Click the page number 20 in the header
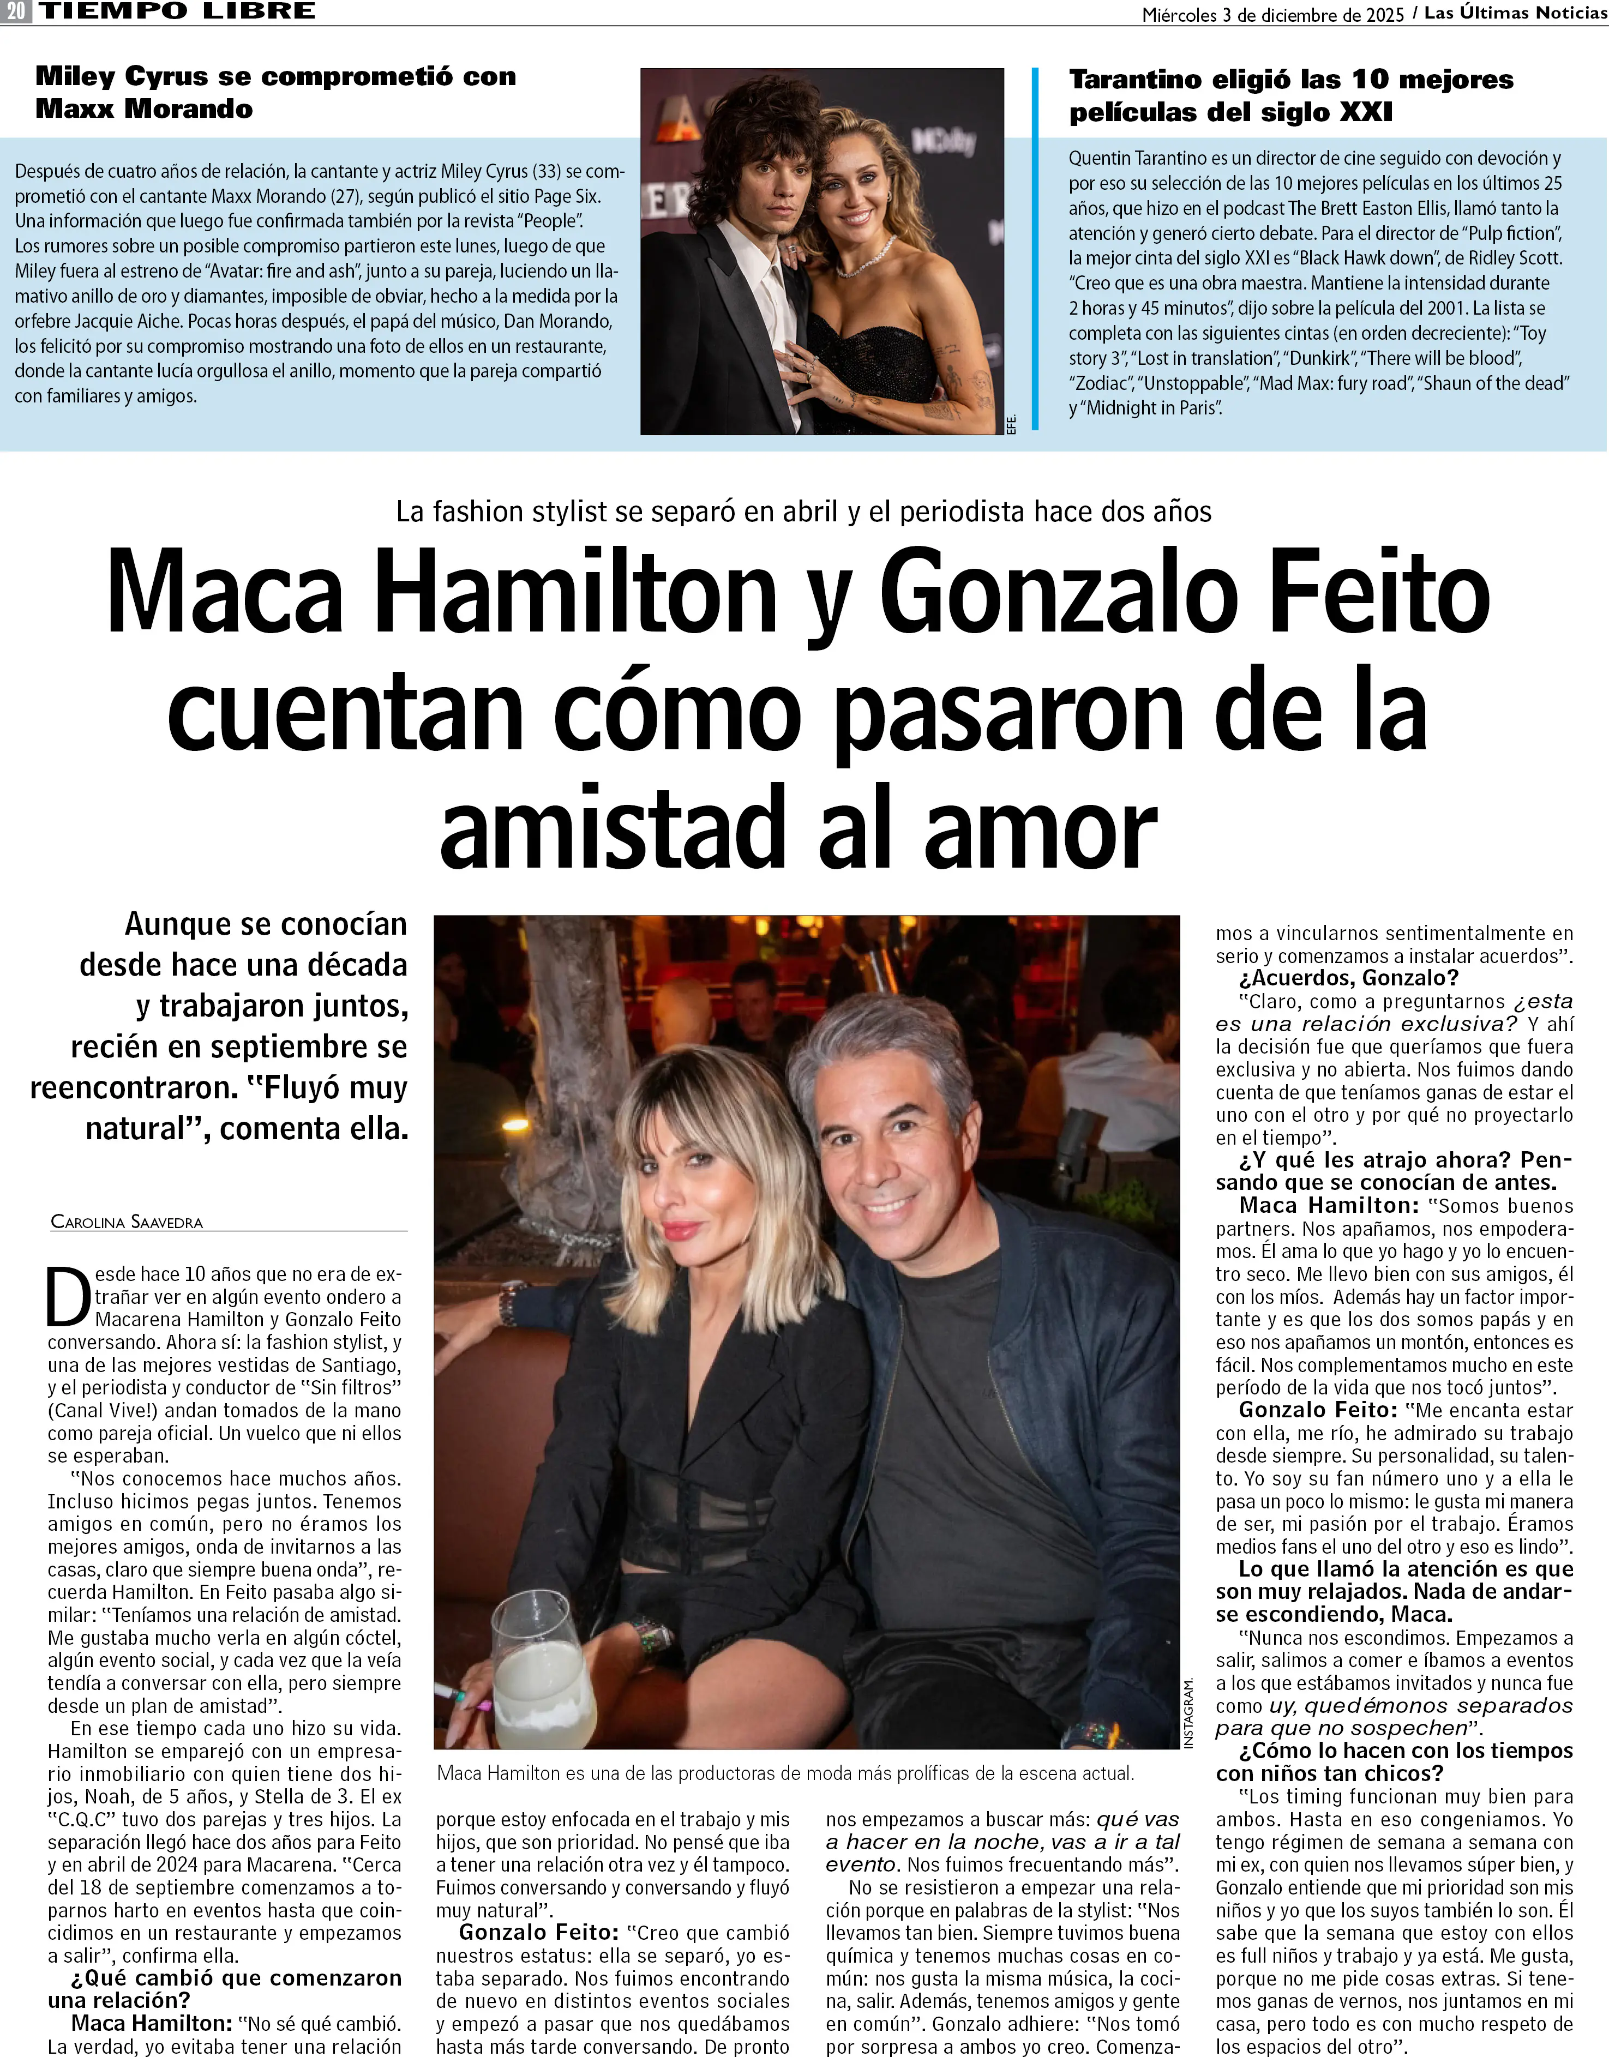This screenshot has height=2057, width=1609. [x=16, y=12]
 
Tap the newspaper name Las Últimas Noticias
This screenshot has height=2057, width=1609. [x=1515, y=13]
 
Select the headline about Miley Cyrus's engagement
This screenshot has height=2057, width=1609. [x=275, y=92]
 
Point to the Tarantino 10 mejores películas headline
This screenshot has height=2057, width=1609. [x=1290, y=95]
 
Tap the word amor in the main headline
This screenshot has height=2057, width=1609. [x=1041, y=827]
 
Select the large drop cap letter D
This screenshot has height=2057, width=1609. [x=69, y=1297]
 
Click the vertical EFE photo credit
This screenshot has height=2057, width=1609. [x=1012, y=424]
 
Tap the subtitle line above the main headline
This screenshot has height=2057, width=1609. [x=803, y=512]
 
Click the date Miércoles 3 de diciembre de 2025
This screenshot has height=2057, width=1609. [x=1272, y=14]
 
